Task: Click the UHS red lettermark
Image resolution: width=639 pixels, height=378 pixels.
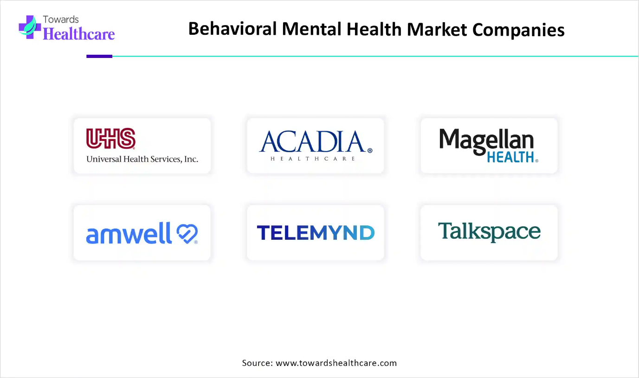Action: (110, 139)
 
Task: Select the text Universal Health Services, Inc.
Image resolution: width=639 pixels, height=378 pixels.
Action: (142, 159)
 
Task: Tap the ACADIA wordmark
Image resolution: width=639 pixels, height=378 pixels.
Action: (312, 141)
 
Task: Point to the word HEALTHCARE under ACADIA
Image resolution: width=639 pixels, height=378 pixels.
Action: (313, 159)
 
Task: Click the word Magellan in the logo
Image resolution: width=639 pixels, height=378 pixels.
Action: (486, 140)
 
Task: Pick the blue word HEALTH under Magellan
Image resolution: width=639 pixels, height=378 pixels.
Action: (510, 157)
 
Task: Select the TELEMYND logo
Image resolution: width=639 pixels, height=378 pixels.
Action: (316, 233)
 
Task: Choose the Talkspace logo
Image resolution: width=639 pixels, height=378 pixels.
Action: (489, 232)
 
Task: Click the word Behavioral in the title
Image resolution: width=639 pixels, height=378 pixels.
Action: (234, 29)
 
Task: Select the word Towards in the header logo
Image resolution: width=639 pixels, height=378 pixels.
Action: (60, 19)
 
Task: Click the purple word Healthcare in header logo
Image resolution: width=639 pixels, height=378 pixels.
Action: (78, 33)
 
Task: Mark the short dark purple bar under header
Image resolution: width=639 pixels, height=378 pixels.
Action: (99, 56)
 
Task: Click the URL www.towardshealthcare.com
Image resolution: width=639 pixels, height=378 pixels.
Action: (336, 363)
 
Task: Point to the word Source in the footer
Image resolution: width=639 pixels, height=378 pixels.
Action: (256, 363)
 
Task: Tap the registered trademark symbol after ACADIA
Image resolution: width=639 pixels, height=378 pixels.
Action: (370, 151)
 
